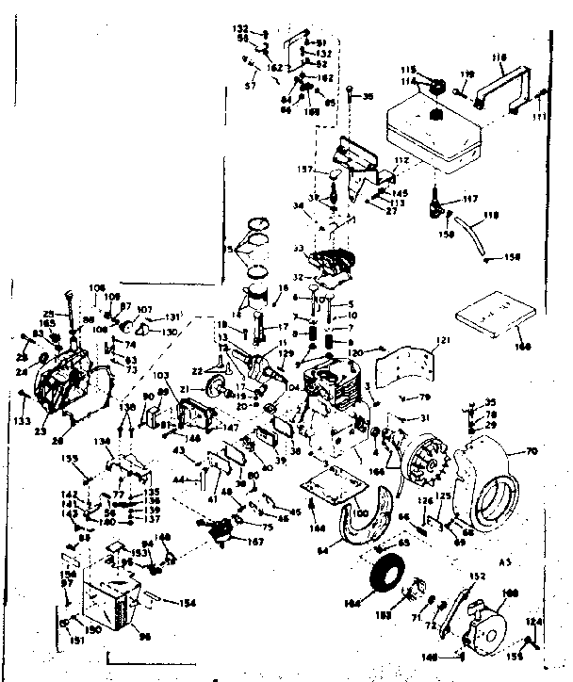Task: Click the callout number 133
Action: tap(21, 420)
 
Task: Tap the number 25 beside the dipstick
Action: tap(48, 313)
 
